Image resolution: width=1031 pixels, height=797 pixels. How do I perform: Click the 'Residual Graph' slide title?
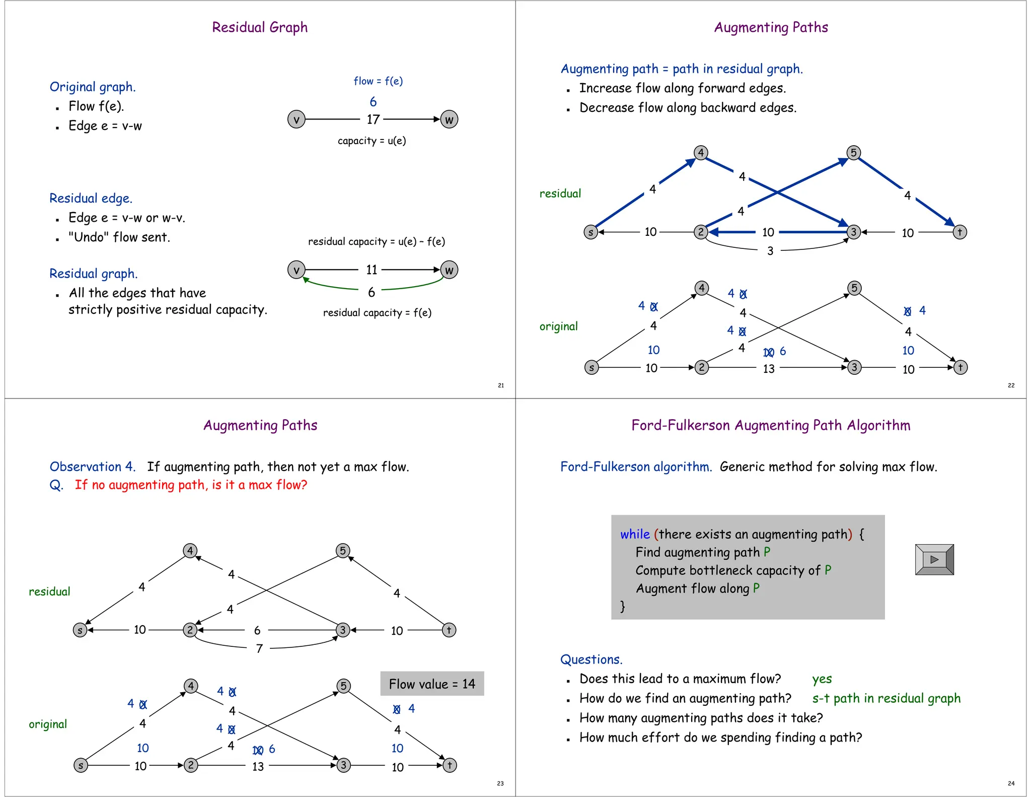260,27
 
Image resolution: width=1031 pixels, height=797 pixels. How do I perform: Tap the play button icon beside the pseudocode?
934,559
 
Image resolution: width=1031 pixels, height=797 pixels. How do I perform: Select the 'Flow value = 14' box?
432,684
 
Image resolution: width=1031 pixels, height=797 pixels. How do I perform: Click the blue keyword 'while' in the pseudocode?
635,534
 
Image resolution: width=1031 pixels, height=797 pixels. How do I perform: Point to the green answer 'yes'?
822,679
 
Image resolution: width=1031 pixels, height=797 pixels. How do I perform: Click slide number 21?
501,385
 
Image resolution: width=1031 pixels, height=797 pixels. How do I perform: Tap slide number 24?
1011,783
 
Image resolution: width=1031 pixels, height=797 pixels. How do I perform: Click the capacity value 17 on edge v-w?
373,119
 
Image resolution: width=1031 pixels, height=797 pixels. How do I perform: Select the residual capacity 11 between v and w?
372,270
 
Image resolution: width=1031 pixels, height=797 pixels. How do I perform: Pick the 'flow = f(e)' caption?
378,81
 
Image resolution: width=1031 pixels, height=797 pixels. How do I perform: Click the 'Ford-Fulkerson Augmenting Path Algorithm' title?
771,425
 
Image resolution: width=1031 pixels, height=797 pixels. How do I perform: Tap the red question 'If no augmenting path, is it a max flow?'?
191,485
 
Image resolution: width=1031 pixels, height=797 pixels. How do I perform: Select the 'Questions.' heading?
591,659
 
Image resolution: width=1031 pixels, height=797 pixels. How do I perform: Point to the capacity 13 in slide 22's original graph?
768,369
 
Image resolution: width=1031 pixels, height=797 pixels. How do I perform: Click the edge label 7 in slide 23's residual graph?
259,648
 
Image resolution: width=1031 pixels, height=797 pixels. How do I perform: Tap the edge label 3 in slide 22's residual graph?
770,251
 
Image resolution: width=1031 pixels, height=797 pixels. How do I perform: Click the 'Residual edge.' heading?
91,198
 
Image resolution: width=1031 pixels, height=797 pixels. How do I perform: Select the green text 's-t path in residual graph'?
886,698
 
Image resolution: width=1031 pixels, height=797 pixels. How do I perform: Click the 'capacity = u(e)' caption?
372,141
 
